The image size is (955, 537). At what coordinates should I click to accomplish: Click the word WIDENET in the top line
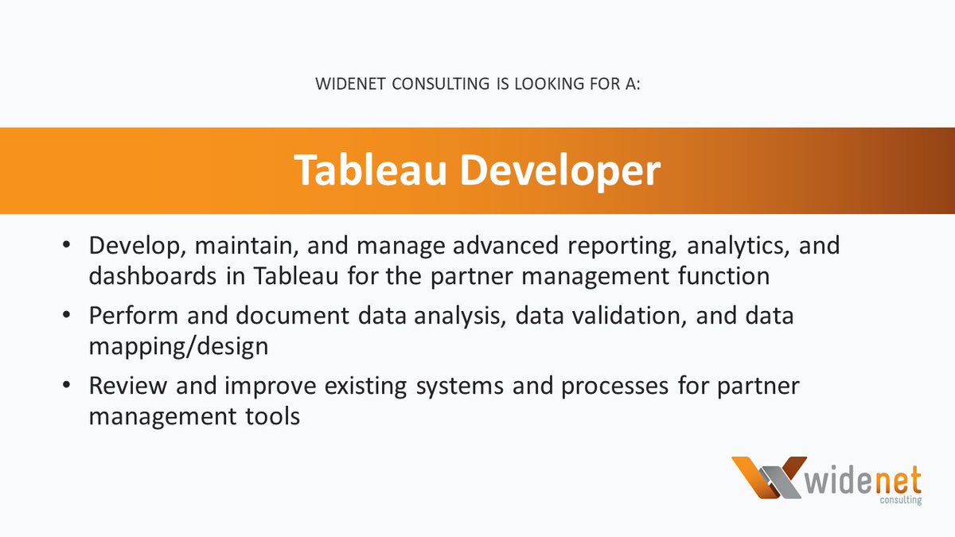pyautogui.click(x=350, y=84)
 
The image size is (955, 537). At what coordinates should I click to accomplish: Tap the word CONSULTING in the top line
pyautogui.click(x=440, y=84)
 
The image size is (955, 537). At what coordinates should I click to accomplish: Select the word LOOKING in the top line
pyautogui.click(x=550, y=84)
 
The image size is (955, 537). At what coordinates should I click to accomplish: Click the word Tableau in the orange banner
pyautogui.click(x=370, y=169)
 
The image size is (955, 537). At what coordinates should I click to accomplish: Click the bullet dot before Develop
pyautogui.click(x=66, y=245)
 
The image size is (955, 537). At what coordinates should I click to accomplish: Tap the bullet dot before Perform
pyautogui.click(x=66, y=315)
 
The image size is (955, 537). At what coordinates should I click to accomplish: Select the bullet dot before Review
pyautogui.click(x=66, y=385)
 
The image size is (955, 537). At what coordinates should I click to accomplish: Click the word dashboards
pyautogui.click(x=153, y=275)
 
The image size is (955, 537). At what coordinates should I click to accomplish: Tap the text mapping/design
pyautogui.click(x=178, y=347)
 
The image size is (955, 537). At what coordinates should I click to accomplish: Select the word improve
pyautogui.click(x=271, y=387)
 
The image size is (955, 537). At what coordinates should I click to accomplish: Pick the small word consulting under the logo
pyautogui.click(x=901, y=500)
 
